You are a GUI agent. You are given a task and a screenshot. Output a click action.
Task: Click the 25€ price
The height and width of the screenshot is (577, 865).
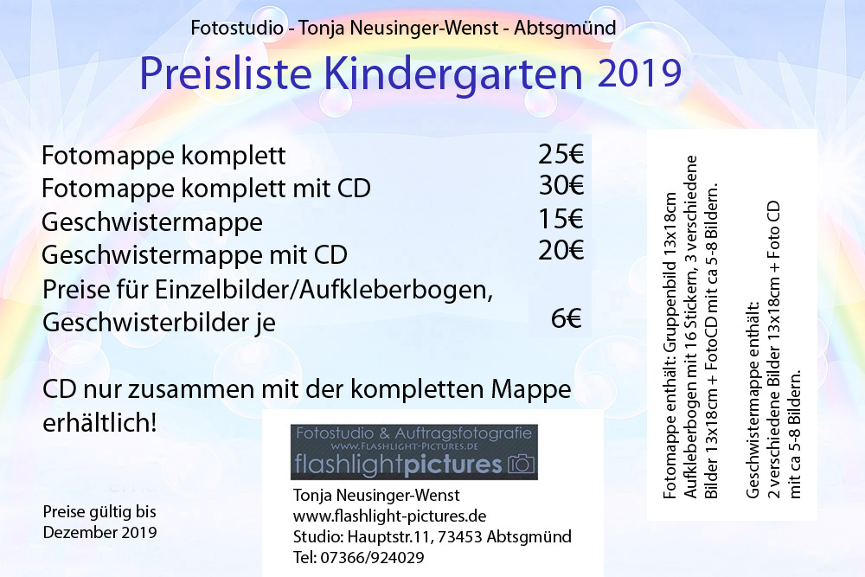561,155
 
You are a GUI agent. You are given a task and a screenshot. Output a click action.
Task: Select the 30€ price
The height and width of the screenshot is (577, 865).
561,185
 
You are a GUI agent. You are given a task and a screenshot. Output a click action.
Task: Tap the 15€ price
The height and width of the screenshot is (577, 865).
561,219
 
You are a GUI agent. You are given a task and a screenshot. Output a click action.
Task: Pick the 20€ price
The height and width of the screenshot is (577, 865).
561,251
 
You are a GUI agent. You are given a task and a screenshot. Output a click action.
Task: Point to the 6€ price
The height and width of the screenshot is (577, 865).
567,318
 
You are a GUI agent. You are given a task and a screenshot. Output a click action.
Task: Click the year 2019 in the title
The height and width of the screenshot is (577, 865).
640,73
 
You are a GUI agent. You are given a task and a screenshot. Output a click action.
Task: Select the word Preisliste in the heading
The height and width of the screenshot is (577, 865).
226,73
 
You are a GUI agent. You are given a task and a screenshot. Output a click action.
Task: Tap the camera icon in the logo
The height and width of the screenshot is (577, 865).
522,464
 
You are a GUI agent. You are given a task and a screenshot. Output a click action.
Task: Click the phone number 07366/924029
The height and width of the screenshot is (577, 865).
372,558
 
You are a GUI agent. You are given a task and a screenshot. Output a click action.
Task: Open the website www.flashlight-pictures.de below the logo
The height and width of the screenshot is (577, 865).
389,516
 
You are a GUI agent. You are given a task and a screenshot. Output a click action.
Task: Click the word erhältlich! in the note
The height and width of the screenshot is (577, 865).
99,423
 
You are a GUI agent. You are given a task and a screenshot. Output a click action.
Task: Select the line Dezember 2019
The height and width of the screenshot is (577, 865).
99,532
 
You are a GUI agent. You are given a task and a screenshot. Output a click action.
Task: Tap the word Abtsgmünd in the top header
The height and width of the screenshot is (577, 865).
565,28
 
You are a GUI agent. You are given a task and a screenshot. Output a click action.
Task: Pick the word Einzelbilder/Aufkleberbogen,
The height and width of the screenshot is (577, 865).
324,290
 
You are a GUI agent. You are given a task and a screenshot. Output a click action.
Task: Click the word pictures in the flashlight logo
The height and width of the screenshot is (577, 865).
453,465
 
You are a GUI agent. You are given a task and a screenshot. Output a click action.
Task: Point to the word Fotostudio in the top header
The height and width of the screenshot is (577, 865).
237,28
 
